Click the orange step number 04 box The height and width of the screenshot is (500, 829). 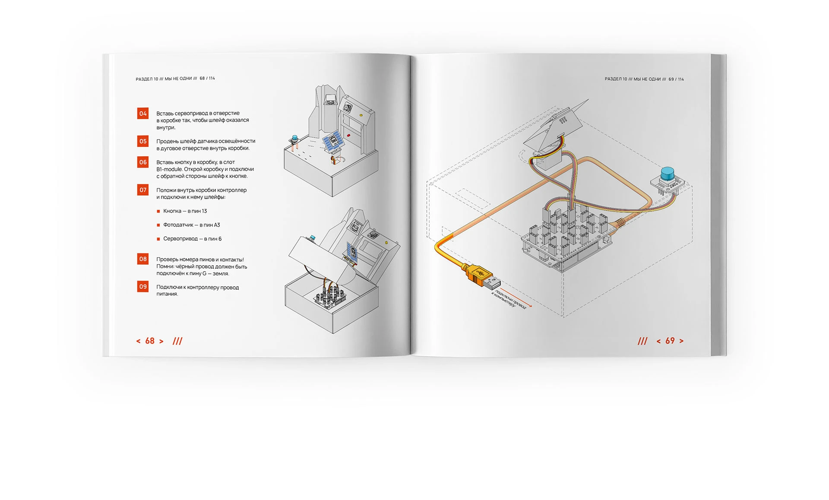coord(143,114)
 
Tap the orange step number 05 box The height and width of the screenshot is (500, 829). coord(143,141)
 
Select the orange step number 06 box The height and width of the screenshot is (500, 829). coord(143,162)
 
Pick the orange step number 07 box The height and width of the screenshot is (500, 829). coord(143,190)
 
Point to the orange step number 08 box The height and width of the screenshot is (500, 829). coord(143,259)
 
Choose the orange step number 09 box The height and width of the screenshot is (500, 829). coord(143,287)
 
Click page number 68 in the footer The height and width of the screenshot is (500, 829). coord(150,341)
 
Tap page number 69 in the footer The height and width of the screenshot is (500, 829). coord(670,341)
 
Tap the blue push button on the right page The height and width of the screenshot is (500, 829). coord(668,174)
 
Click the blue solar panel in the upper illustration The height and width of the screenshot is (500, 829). coord(333,142)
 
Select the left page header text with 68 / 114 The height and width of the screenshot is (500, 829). coord(175,79)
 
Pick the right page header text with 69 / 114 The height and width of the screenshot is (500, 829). coord(644,79)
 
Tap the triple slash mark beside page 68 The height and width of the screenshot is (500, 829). coord(177,341)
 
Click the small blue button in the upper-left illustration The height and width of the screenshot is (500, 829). coord(295,139)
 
